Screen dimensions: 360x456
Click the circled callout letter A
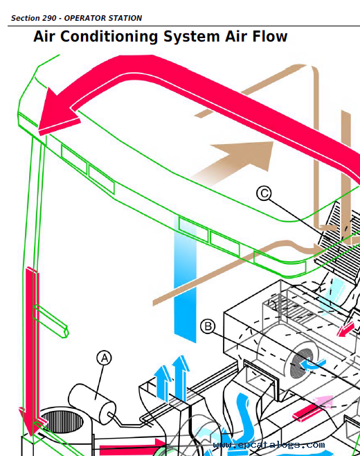[x=105, y=358]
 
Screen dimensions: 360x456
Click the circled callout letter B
[x=208, y=326]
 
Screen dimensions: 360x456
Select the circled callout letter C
[x=264, y=193]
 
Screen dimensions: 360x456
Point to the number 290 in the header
[x=49, y=18]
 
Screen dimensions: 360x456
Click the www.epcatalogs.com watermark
[x=269, y=445]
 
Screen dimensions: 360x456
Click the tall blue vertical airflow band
[x=185, y=279]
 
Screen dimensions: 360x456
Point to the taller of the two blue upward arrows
[x=181, y=378]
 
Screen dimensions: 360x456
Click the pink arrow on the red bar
[x=322, y=403]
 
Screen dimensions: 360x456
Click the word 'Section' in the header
[x=26, y=18]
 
